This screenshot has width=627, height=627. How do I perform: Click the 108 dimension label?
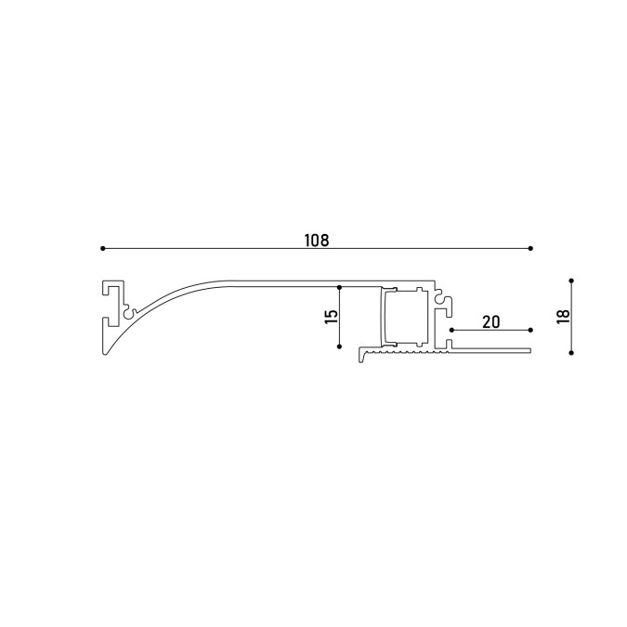tap(317, 241)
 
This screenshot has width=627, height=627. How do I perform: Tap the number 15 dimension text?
tap(332, 317)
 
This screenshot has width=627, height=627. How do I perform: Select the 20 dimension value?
tap(490, 322)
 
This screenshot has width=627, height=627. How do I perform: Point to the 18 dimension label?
tap(563, 317)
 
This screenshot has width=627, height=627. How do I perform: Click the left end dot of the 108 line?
tap(103, 248)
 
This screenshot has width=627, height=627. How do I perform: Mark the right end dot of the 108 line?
tap(530, 248)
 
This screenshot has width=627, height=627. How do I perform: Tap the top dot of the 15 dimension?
tap(339, 287)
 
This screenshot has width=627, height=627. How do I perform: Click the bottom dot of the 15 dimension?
tap(339, 346)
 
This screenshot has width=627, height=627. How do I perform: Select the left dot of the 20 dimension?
tap(451, 330)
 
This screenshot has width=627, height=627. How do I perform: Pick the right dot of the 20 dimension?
tap(530, 330)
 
